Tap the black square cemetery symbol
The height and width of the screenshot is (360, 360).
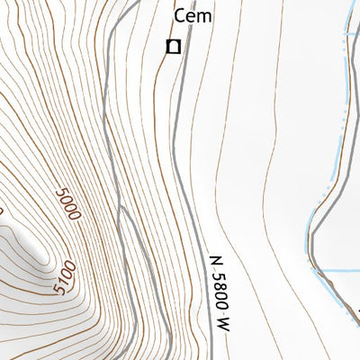173,45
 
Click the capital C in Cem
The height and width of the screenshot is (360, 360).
179,15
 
